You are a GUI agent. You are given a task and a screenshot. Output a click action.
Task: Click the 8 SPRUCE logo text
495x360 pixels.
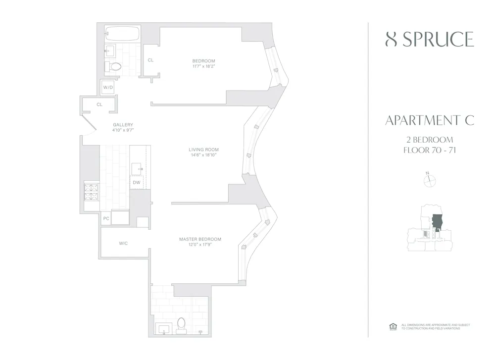pyautogui.click(x=429, y=39)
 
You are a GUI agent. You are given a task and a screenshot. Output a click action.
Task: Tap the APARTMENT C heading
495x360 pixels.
pyautogui.click(x=430, y=120)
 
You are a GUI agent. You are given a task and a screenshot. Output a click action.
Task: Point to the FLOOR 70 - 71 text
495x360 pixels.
pyautogui.click(x=430, y=150)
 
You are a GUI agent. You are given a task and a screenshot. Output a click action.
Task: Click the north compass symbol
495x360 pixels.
pyautogui.click(x=429, y=181)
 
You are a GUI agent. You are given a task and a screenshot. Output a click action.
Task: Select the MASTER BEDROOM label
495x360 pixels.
pyautogui.click(x=200, y=239)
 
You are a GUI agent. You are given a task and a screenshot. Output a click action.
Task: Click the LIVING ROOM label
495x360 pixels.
pyautogui.click(x=203, y=150)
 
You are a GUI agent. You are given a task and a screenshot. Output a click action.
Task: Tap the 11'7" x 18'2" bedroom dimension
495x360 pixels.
pyautogui.click(x=204, y=66)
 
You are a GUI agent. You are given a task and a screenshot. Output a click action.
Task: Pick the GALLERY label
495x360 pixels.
pyautogui.click(x=123, y=125)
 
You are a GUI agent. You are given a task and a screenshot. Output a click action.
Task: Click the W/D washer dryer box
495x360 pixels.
pyautogui.click(x=108, y=88)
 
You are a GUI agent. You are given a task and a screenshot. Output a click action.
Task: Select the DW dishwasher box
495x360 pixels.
pyautogui.click(x=137, y=183)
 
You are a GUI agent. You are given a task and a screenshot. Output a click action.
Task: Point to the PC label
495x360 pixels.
pyautogui.click(x=106, y=218)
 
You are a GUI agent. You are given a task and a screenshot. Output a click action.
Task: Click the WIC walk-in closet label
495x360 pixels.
pyautogui.click(x=123, y=243)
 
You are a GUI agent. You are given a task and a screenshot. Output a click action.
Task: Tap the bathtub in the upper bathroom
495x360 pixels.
pyautogui.click(x=122, y=34)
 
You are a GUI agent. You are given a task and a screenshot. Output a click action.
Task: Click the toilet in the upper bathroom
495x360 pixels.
pyautogui.click(x=115, y=66)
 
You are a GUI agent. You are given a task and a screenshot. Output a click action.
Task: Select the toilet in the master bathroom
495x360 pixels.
pyautogui.click(x=181, y=323)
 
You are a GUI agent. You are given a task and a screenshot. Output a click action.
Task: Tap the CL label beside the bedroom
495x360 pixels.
pyautogui.click(x=150, y=60)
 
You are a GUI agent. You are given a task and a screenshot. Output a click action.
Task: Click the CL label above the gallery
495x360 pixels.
pyautogui.click(x=99, y=104)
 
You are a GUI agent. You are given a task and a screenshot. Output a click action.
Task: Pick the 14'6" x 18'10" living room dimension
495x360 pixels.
pyautogui.click(x=203, y=155)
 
